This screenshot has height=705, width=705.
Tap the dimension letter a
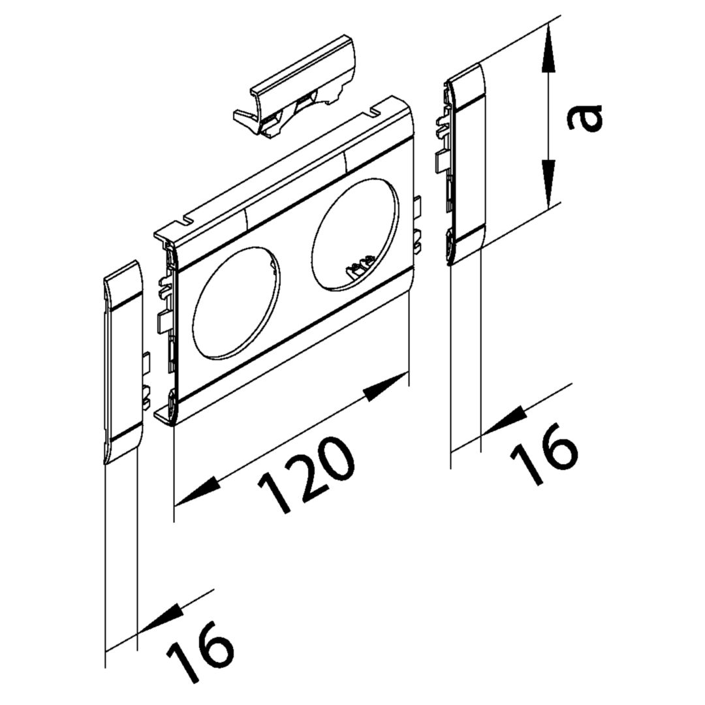tap(585, 118)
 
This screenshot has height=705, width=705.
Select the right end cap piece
tap(467, 163)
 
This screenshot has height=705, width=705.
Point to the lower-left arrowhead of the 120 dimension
tap(196, 492)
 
